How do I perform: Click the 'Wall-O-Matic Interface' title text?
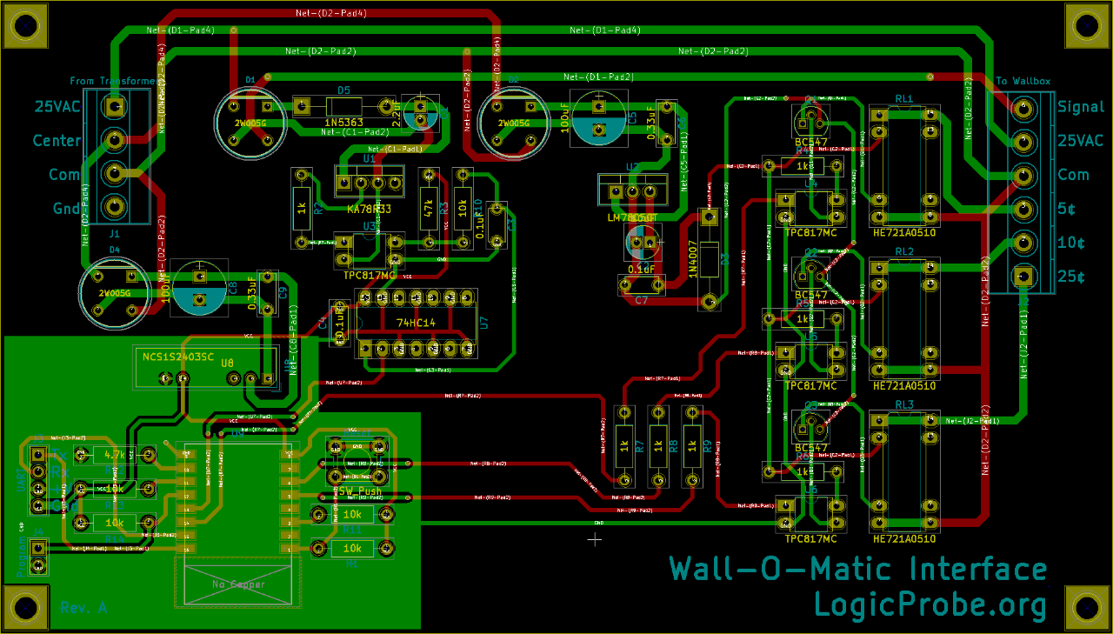click(x=857, y=570)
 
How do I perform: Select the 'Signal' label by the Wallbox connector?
click(x=1081, y=107)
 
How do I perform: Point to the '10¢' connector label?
click(x=1071, y=243)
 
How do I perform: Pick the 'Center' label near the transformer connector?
click(x=57, y=140)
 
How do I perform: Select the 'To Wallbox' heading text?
click(x=1023, y=81)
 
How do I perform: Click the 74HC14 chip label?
click(x=416, y=324)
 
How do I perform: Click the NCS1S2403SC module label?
click(x=178, y=357)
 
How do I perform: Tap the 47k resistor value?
click(x=428, y=209)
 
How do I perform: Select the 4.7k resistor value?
click(x=114, y=454)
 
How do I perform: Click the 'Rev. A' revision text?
click(x=83, y=608)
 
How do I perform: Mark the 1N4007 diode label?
click(x=693, y=258)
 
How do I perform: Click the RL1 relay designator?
click(x=904, y=99)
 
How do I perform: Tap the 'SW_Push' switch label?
click(x=359, y=491)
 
